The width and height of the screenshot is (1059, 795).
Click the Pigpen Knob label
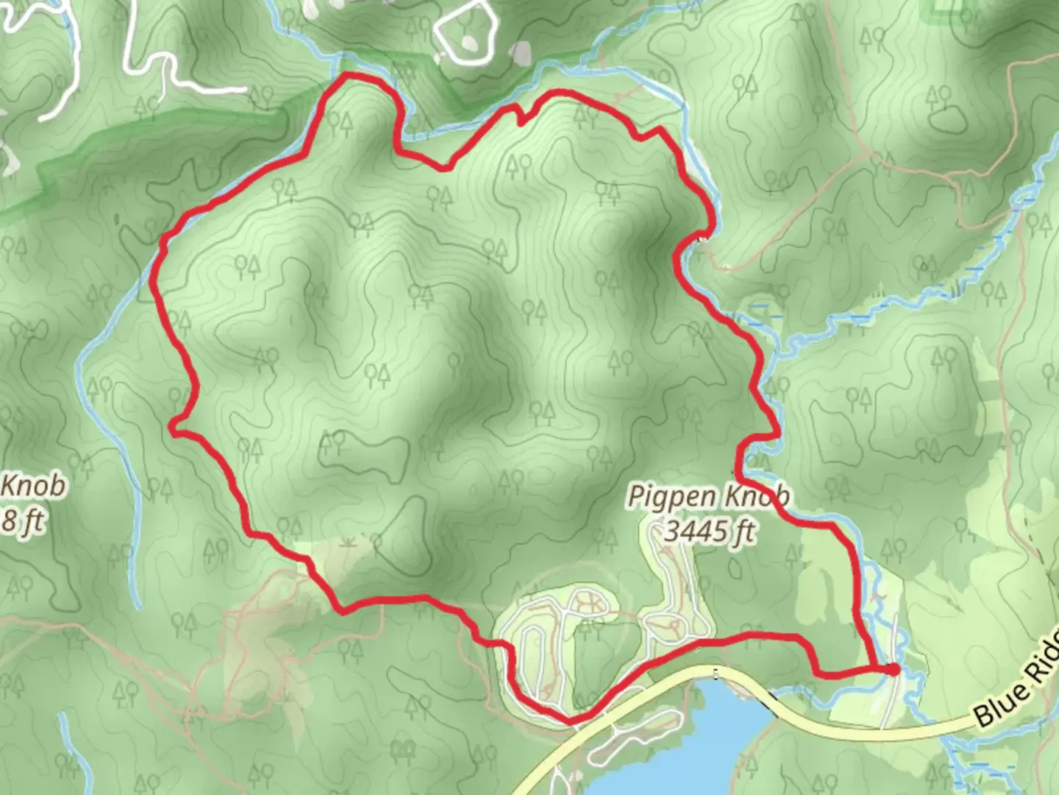[x=708, y=498]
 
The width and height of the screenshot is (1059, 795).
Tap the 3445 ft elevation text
[x=709, y=531]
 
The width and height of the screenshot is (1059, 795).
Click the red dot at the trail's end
[x=892, y=669]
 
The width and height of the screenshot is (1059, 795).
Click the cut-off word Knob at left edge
[x=34, y=487]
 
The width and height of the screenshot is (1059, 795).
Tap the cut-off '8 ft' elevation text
[x=22, y=523]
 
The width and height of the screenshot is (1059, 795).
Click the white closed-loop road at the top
[x=463, y=34]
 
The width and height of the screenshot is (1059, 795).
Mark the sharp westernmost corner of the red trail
[x=174, y=425]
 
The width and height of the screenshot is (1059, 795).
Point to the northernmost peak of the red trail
[x=346, y=76]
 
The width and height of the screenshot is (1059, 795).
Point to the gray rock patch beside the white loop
[x=521, y=52]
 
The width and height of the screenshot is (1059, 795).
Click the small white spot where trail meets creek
[x=702, y=239]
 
